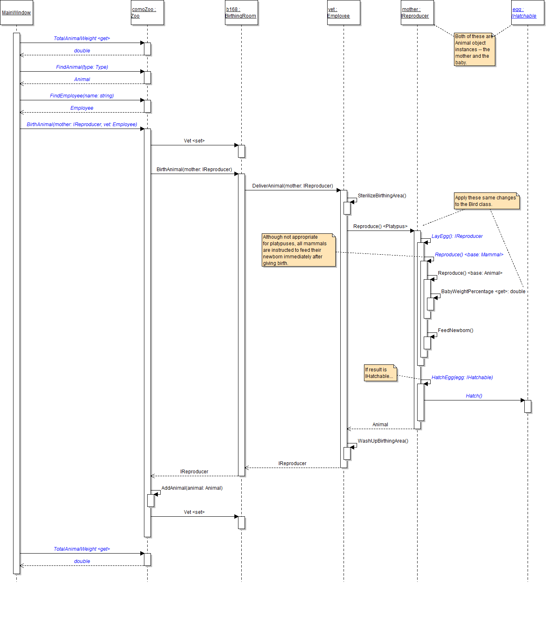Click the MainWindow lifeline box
click(x=16, y=13)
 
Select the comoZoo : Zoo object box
click(x=147, y=13)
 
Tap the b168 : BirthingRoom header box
click(x=241, y=13)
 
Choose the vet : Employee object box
click(x=344, y=13)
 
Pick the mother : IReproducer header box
click(x=417, y=13)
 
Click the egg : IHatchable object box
click(x=528, y=13)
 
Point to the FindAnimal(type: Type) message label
click(x=82, y=67)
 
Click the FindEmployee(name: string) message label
click(x=82, y=96)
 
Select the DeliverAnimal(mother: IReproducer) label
click(x=292, y=186)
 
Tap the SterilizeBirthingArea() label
click(x=382, y=196)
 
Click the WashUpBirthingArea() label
click(x=383, y=441)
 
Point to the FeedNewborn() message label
click(x=456, y=330)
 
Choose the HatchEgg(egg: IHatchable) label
click(x=462, y=378)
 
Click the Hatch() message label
click(x=474, y=396)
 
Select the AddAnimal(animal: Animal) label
click(x=192, y=488)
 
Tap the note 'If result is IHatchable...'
click(x=380, y=373)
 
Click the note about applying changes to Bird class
click(x=487, y=201)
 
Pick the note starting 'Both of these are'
click(x=474, y=50)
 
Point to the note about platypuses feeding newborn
click(x=299, y=250)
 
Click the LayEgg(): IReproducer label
click(x=457, y=236)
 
